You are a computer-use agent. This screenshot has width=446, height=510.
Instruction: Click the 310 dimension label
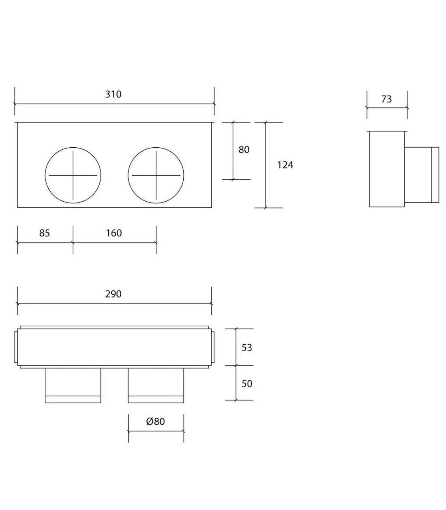point(113,94)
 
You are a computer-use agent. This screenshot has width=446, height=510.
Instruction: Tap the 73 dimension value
point(386,99)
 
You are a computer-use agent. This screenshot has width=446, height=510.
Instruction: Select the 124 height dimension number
point(285,165)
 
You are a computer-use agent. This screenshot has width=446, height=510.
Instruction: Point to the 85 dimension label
point(45,233)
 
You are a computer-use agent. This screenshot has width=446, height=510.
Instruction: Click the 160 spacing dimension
point(114,233)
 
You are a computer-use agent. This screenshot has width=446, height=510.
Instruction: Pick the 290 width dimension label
point(113,294)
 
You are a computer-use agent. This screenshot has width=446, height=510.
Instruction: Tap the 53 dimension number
point(247,347)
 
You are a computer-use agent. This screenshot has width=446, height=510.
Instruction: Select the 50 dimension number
point(247,383)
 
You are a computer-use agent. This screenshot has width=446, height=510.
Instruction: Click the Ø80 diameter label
point(155,421)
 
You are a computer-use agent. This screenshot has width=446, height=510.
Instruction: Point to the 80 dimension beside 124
point(244,150)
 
